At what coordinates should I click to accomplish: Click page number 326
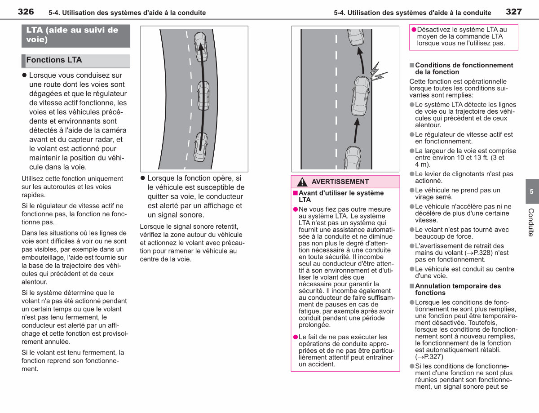[26, 12]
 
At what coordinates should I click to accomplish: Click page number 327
[514, 12]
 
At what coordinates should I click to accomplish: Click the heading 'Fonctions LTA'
[54, 60]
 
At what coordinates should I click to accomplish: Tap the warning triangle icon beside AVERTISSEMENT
[302, 182]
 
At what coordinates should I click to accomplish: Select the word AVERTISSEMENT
[340, 182]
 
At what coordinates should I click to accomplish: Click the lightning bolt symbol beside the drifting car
[377, 72]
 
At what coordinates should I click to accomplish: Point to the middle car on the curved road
[203, 96]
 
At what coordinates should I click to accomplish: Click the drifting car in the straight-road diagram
[361, 96]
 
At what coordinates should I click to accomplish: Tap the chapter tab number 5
[531, 191]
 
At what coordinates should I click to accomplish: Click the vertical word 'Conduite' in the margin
[531, 222]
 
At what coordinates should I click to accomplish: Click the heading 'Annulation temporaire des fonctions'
[458, 289]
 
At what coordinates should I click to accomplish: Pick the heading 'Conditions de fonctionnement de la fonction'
[464, 68]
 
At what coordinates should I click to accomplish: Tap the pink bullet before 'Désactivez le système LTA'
[414, 30]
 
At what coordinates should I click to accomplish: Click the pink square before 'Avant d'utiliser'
[296, 193]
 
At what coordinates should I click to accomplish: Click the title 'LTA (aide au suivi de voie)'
[72, 35]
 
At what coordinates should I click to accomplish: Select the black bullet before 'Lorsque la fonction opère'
[143, 178]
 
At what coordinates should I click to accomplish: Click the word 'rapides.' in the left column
[34, 195]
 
